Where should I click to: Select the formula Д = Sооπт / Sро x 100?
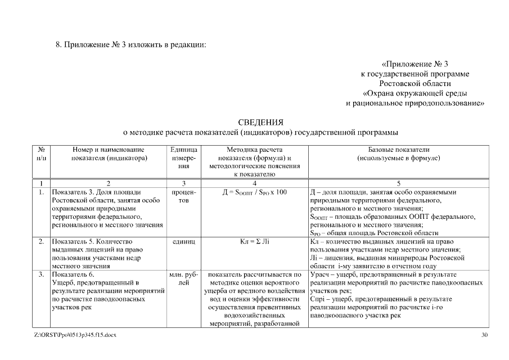click(254, 192)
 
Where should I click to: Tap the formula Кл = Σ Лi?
click(254, 241)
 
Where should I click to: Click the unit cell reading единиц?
click(183, 241)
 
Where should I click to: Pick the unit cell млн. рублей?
click(183, 279)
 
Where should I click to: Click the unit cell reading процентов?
click(183, 196)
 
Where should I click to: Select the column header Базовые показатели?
click(398, 150)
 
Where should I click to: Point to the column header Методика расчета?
click(254, 150)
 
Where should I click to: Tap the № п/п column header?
click(41, 154)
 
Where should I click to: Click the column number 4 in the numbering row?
click(254, 183)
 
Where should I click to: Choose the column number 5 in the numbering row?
click(398, 183)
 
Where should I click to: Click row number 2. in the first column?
click(41, 241)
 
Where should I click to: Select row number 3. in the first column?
click(41, 275)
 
